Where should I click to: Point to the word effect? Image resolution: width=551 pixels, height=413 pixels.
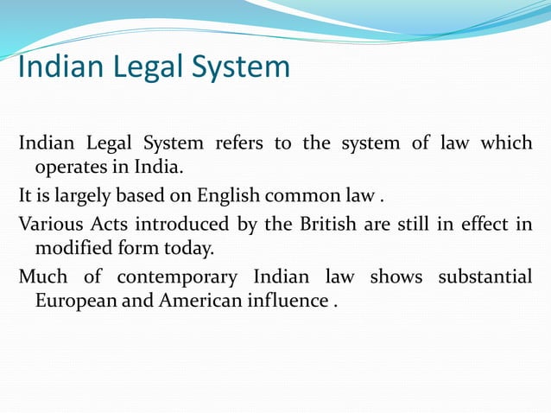point(486,223)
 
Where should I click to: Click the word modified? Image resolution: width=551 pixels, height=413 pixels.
point(70,247)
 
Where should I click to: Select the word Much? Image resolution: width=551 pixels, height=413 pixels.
point(41,276)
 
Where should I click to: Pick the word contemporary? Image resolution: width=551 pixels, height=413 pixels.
point(176,276)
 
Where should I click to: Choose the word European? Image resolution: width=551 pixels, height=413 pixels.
point(75,301)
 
